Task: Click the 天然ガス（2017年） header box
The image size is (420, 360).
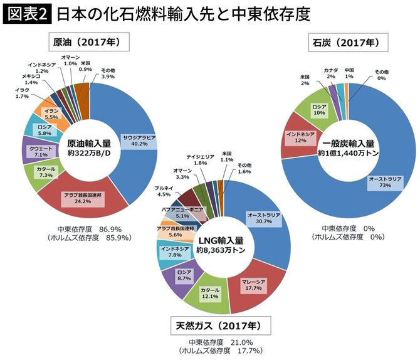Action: pyautogui.click(x=223, y=327)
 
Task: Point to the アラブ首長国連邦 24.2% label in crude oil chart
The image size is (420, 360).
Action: pyautogui.click(x=80, y=199)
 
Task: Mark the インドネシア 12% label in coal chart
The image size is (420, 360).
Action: pyautogui.click(x=300, y=137)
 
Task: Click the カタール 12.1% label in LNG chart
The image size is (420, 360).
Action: pyautogui.click(x=210, y=294)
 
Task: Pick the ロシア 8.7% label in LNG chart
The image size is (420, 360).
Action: pyautogui.click(x=184, y=276)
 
